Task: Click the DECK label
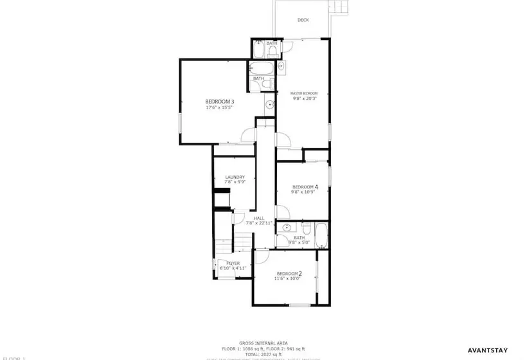point(303,20)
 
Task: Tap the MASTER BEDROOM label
point(305,93)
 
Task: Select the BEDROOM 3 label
point(220,102)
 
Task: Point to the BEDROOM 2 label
point(289,273)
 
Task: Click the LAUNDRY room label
point(235,177)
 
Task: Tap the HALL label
point(260,218)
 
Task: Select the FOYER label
point(233,263)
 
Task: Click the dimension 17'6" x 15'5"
point(219,108)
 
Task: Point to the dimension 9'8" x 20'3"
point(305,99)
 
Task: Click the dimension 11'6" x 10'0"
point(287,278)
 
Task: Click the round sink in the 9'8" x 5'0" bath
point(287,228)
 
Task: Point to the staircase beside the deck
point(341,7)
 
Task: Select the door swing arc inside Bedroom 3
point(247,134)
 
